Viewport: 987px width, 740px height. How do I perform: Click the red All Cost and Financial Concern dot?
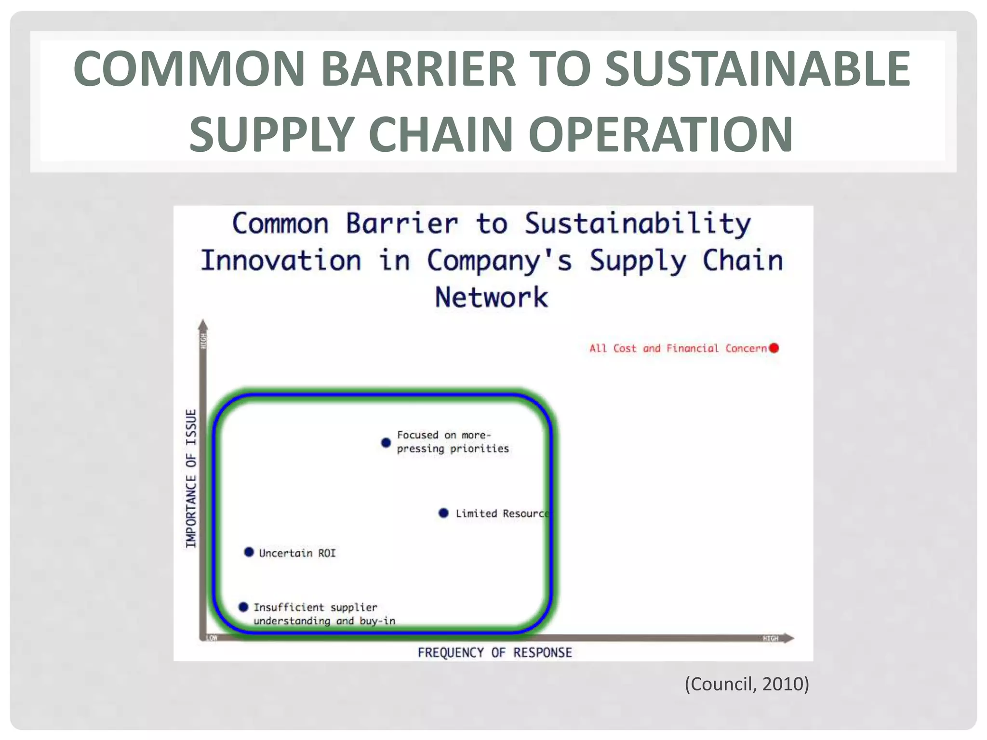click(774, 348)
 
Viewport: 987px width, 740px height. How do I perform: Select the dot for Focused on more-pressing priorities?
click(386, 442)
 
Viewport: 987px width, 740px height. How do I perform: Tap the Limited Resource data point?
click(444, 513)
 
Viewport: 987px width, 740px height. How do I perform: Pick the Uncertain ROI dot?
click(249, 552)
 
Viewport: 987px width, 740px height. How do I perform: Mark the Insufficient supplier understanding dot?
click(243, 607)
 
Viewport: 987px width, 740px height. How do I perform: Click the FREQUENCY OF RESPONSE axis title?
click(494, 653)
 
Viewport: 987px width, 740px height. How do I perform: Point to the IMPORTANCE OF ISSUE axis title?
click(191, 478)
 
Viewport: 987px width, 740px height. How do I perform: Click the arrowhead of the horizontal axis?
click(788, 638)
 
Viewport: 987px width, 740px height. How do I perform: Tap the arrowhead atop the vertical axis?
click(203, 325)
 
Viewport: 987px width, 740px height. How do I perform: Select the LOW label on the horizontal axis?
click(212, 638)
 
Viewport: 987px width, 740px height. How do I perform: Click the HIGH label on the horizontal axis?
click(770, 638)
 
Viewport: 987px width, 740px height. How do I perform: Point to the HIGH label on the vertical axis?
click(203, 341)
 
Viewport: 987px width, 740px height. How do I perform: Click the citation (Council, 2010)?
click(747, 684)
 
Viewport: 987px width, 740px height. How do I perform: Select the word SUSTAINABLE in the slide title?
click(757, 68)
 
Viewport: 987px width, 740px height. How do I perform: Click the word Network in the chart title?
click(492, 297)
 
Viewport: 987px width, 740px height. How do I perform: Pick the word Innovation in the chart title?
click(281, 261)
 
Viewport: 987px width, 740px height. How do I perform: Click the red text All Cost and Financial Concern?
click(678, 348)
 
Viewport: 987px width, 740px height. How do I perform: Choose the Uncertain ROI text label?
click(297, 553)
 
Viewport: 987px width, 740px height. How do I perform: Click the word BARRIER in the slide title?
click(418, 68)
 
